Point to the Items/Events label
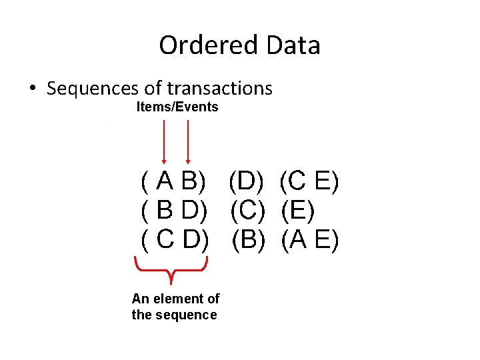point(177,107)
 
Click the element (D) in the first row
point(247,181)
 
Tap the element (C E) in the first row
point(309,181)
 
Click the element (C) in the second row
point(248,210)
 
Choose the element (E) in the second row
point(298,210)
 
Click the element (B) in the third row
point(248,239)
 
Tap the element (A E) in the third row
point(310,239)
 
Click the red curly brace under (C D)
point(172,270)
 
